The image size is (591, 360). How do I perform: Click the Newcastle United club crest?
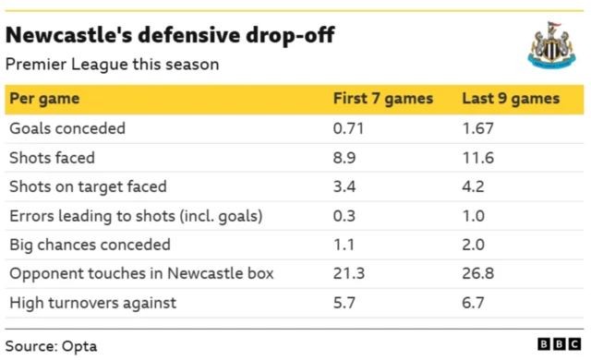point(551,45)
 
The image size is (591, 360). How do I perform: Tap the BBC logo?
point(559,343)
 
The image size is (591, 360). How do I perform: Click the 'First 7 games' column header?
point(383,99)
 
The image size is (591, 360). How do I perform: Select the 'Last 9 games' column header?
point(511,99)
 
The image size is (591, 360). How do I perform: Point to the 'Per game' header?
point(44,99)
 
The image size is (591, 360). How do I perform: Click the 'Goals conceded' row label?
point(67,128)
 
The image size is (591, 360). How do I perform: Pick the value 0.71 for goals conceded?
point(348,128)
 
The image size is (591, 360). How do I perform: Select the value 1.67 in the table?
point(477,128)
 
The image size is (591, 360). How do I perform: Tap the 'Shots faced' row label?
point(52,158)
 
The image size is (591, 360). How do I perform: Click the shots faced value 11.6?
point(478,158)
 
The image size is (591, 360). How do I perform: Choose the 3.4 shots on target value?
point(344,186)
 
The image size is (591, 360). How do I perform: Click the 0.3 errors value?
point(344,216)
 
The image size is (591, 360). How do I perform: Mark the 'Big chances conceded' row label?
point(90,246)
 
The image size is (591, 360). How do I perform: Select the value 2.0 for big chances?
point(474,246)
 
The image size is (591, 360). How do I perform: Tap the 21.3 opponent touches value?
point(349,274)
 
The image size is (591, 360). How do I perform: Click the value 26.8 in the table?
point(478,274)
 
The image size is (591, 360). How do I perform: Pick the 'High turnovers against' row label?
point(92,303)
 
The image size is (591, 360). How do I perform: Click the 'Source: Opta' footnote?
point(52,346)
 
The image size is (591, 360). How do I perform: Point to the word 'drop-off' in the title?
point(290,35)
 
